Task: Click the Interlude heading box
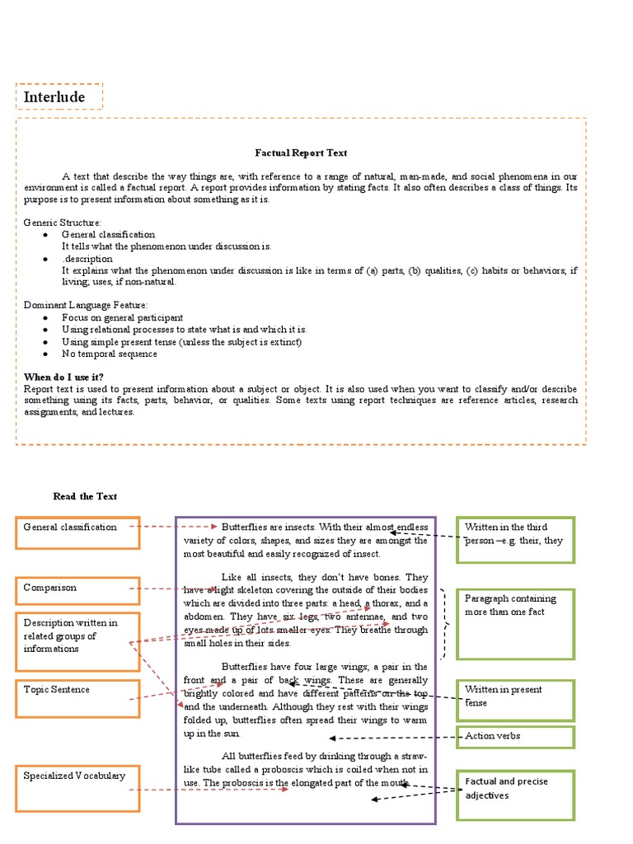tap(59, 96)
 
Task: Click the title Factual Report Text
tap(301, 152)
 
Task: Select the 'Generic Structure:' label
tap(63, 223)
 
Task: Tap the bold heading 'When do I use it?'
tap(64, 376)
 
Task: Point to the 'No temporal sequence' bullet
tap(109, 354)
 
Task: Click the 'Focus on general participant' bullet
tap(122, 317)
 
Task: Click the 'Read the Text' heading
tap(85, 496)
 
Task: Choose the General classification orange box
tap(77, 532)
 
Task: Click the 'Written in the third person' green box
tap(515, 540)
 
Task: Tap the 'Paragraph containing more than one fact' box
tap(515, 624)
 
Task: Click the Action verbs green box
tap(515, 736)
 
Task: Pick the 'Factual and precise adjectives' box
tap(515, 795)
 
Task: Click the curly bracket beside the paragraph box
tap(445, 624)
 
